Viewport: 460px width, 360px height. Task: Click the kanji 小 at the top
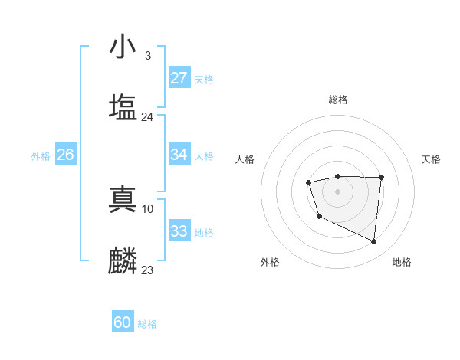click(123, 47)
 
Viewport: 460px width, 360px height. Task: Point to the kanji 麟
click(123, 261)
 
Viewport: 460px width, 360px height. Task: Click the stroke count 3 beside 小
click(147, 56)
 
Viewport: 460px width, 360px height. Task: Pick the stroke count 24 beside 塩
click(148, 117)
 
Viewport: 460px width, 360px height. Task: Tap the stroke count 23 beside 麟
click(148, 270)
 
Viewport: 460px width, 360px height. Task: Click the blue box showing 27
click(179, 78)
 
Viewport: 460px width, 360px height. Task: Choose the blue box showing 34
click(179, 155)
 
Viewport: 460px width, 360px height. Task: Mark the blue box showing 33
click(179, 231)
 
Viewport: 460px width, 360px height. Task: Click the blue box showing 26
click(65, 155)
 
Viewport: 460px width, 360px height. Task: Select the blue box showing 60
click(123, 322)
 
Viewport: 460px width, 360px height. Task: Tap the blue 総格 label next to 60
click(147, 324)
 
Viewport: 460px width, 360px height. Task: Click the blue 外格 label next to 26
click(41, 156)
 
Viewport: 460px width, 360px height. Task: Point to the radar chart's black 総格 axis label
click(337, 100)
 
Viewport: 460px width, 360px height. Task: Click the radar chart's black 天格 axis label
click(431, 159)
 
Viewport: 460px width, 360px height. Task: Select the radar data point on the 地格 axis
click(374, 242)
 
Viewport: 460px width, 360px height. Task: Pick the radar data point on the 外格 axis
click(319, 217)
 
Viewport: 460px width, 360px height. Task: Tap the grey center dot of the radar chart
click(337, 191)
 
